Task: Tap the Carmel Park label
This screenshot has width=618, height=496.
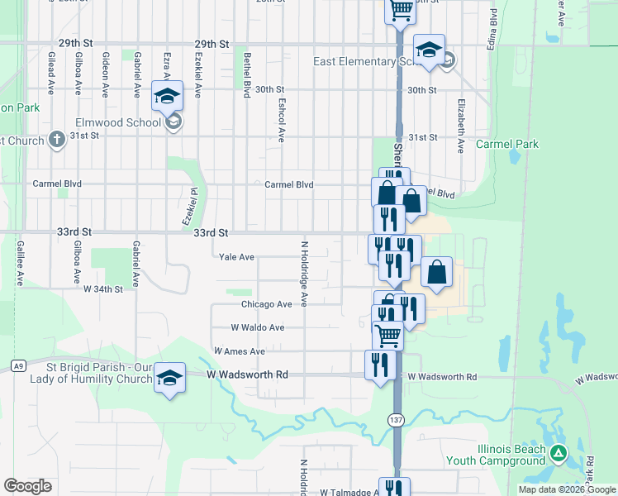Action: [x=507, y=144]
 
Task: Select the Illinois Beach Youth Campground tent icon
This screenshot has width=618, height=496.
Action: [x=559, y=453]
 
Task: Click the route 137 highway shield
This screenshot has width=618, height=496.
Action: [x=397, y=421]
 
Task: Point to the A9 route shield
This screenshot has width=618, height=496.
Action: [x=17, y=365]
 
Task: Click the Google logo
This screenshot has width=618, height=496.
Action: [x=27, y=486]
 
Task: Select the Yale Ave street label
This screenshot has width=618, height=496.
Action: [x=236, y=257]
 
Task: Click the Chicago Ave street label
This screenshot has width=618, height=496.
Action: [x=266, y=304]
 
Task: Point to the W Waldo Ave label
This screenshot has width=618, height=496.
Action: [x=257, y=328]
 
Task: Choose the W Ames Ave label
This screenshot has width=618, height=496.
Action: [x=239, y=351]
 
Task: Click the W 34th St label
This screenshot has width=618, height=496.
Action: [x=102, y=289]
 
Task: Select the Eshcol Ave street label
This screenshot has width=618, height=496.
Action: [x=282, y=122]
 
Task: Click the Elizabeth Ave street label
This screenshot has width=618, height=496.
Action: [x=460, y=129]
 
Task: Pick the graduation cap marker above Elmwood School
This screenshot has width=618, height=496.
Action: [x=167, y=96]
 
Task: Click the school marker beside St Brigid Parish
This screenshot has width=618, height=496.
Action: [x=170, y=376]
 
